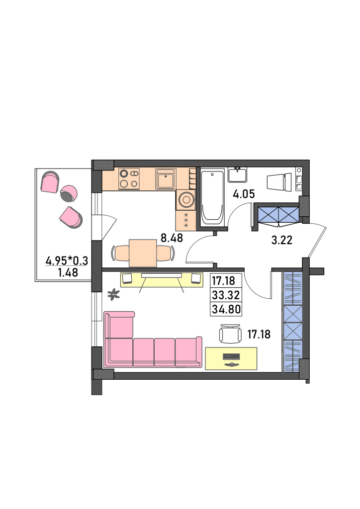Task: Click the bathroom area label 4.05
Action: (244, 194)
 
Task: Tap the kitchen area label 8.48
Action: (172, 238)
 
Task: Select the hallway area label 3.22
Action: (282, 240)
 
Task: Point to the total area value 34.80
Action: (226, 309)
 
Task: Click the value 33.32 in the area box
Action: (226, 295)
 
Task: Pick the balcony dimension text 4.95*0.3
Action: (67, 260)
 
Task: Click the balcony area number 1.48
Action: (68, 272)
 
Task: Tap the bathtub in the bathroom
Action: (212, 197)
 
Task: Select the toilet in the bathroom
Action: (279, 181)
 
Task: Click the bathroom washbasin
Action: (237, 174)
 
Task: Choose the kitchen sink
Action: (166, 179)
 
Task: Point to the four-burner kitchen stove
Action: (129, 179)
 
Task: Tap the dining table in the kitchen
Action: (143, 253)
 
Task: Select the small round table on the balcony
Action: (69, 193)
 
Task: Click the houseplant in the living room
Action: (113, 294)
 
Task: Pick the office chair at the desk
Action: (231, 334)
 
